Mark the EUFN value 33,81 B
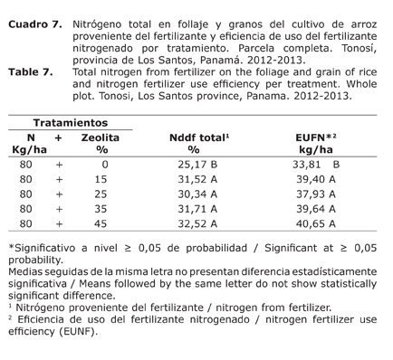[317, 166]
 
